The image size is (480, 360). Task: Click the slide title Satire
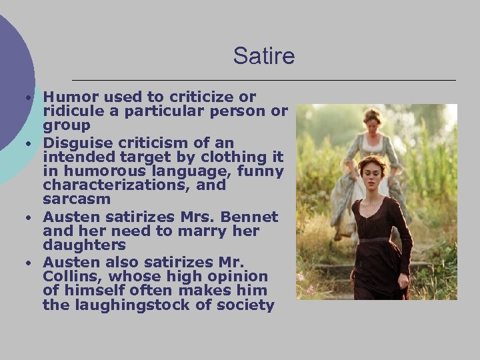[x=263, y=56]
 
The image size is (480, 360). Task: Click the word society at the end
[x=247, y=306]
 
